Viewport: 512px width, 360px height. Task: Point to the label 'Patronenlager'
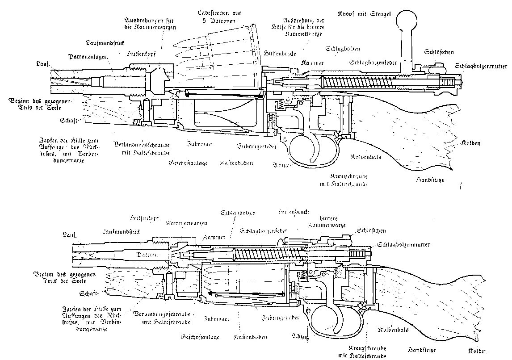(x=87, y=57)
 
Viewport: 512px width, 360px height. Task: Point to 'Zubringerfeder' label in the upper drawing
(x=257, y=146)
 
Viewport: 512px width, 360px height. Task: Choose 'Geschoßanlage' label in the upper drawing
(x=188, y=163)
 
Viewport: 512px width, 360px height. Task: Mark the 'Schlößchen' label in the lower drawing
(x=371, y=230)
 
